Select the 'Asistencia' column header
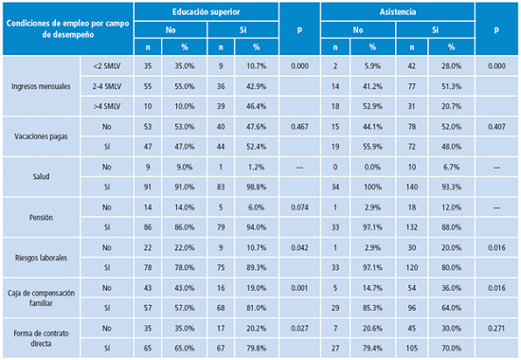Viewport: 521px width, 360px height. [396, 10]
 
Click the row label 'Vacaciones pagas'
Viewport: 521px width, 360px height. [39, 135]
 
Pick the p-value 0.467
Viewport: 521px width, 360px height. [301, 126]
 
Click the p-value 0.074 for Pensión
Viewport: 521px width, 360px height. [301, 207]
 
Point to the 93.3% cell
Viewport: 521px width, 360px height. [449, 188]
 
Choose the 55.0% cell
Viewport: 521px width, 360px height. [185, 85]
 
